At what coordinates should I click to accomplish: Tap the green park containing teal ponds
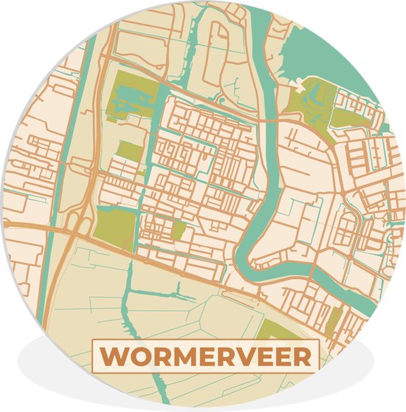click(136, 96)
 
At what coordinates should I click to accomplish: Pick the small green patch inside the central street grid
click(178, 230)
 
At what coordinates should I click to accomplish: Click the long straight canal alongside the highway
click(63, 148)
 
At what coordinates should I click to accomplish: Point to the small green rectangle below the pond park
click(128, 151)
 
